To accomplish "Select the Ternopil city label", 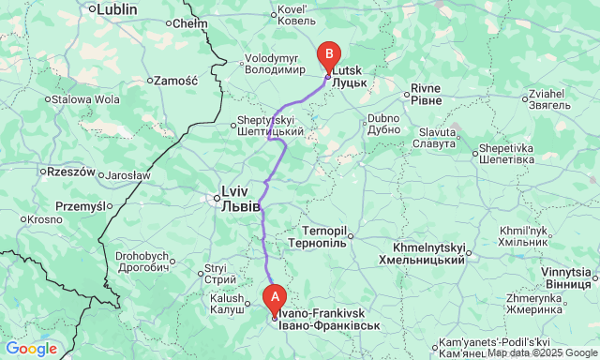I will [324, 235].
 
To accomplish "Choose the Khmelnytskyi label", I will [422, 253].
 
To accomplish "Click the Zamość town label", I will [175, 81].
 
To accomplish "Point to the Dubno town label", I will [382, 124].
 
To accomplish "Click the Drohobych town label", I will [142, 262].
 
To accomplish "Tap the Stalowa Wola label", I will [85, 98].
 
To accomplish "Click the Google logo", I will [30, 349].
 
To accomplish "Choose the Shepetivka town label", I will [505, 153].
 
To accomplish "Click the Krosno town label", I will [43, 219].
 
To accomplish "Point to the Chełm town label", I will [190, 22].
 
